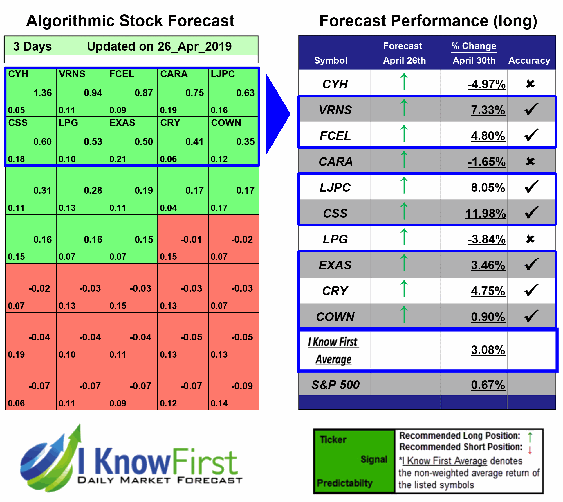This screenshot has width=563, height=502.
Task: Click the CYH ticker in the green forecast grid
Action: coord(18,74)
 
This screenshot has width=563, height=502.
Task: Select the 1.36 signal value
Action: coord(43,93)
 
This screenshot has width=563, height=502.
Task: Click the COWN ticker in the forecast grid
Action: coord(226,123)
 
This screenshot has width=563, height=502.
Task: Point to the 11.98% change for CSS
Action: coord(486,214)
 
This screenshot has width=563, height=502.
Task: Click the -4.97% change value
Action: coord(486,84)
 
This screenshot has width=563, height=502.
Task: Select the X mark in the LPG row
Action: coord(530,239)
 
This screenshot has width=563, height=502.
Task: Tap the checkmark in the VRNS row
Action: coord(531,110)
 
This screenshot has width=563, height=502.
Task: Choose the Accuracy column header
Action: coord(529,60)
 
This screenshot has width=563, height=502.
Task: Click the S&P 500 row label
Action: coord(335,385)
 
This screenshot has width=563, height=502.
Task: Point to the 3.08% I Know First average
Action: coord(488,350)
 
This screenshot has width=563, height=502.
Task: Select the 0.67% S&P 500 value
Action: coord(488,385)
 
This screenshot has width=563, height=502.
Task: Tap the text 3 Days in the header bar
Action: coord(32,46)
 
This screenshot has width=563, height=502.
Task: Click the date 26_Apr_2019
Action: coord(194,46)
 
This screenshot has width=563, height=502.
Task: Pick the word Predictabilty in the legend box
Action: coord(344,483)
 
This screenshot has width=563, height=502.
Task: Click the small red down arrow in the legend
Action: coord(530,450)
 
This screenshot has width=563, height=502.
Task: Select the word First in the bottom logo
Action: coord(205,462)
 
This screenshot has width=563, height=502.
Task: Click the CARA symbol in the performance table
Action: coord(335,162)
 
